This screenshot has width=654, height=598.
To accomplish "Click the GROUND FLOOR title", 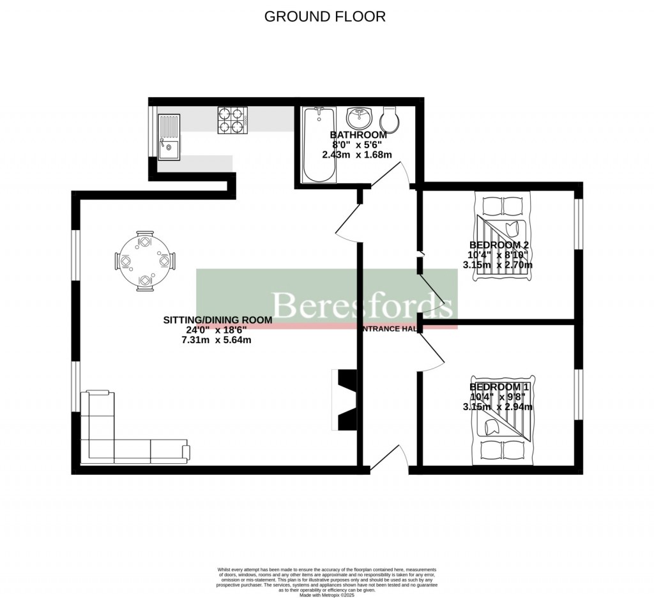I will (325, 17).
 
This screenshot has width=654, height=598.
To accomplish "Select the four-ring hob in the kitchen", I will (232, 119).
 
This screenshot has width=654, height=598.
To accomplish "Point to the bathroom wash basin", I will (360, 118).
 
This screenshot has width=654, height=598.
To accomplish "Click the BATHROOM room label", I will (358, 135).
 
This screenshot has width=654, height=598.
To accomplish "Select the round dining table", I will (145, 261).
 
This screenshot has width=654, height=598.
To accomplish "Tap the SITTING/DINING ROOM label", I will (218, 319).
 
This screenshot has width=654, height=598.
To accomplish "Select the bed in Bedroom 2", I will (503, 240).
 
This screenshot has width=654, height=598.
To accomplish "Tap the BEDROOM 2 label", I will (499, 245).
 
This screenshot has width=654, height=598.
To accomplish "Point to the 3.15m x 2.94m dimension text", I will (498, 406).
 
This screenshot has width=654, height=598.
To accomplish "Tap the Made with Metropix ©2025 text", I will (326, 595).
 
